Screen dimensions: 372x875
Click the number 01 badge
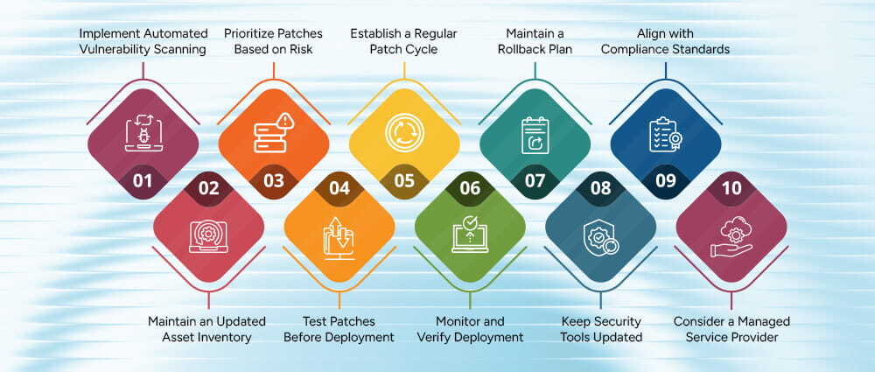click(143, 181)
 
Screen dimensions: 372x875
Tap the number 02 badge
click(208, 186)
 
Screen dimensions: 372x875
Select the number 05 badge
click(404, 181)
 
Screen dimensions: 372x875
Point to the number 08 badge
click(600, 186)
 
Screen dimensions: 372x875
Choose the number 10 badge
click(731, 186)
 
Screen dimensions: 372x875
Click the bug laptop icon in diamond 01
click(143, 131)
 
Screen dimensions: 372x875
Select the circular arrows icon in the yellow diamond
click(404, 131)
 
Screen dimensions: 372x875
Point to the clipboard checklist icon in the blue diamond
click(665, 131)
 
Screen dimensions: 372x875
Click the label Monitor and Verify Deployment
click(470, 329)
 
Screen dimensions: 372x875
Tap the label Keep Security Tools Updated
click(601, 329)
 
